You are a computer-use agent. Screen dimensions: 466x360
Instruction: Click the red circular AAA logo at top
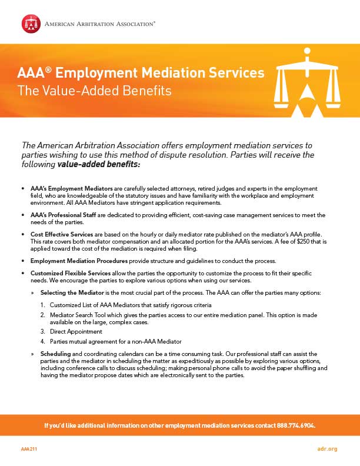[x=31, y=24]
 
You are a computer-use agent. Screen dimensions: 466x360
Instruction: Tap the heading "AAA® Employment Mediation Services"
[x=141, y=74]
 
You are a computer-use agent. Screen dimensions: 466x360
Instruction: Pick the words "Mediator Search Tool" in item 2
[x=78, y=315]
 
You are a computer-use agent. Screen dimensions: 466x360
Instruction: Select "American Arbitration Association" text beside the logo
[x=101, y=24]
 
